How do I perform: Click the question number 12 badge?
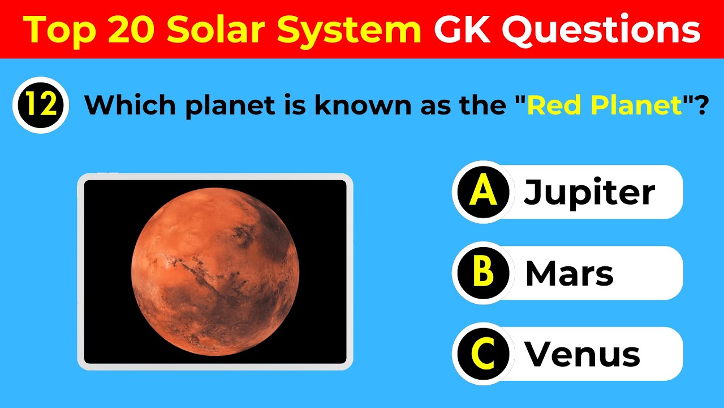40,105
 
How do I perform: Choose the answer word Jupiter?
589,193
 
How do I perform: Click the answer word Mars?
569,274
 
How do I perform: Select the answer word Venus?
583,355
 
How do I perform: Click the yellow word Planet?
632,106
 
